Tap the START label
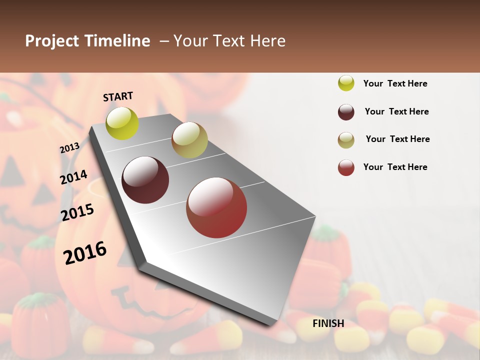point(118,96)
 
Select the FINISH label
point(328,323)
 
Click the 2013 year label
point(69,148)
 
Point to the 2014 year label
point(73,177)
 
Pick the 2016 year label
point(85,253)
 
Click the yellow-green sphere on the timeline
point(122,123)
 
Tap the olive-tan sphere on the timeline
point(189,140)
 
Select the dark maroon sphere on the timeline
point(145,180)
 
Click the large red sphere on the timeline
point(216,207)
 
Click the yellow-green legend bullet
point(346,83)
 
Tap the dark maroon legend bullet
point(346,112)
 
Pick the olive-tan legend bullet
point(346,140)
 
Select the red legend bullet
point(346,167)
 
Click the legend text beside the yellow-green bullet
point(395,83)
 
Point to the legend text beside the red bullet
point(395,167)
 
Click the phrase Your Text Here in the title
point(229,41)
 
